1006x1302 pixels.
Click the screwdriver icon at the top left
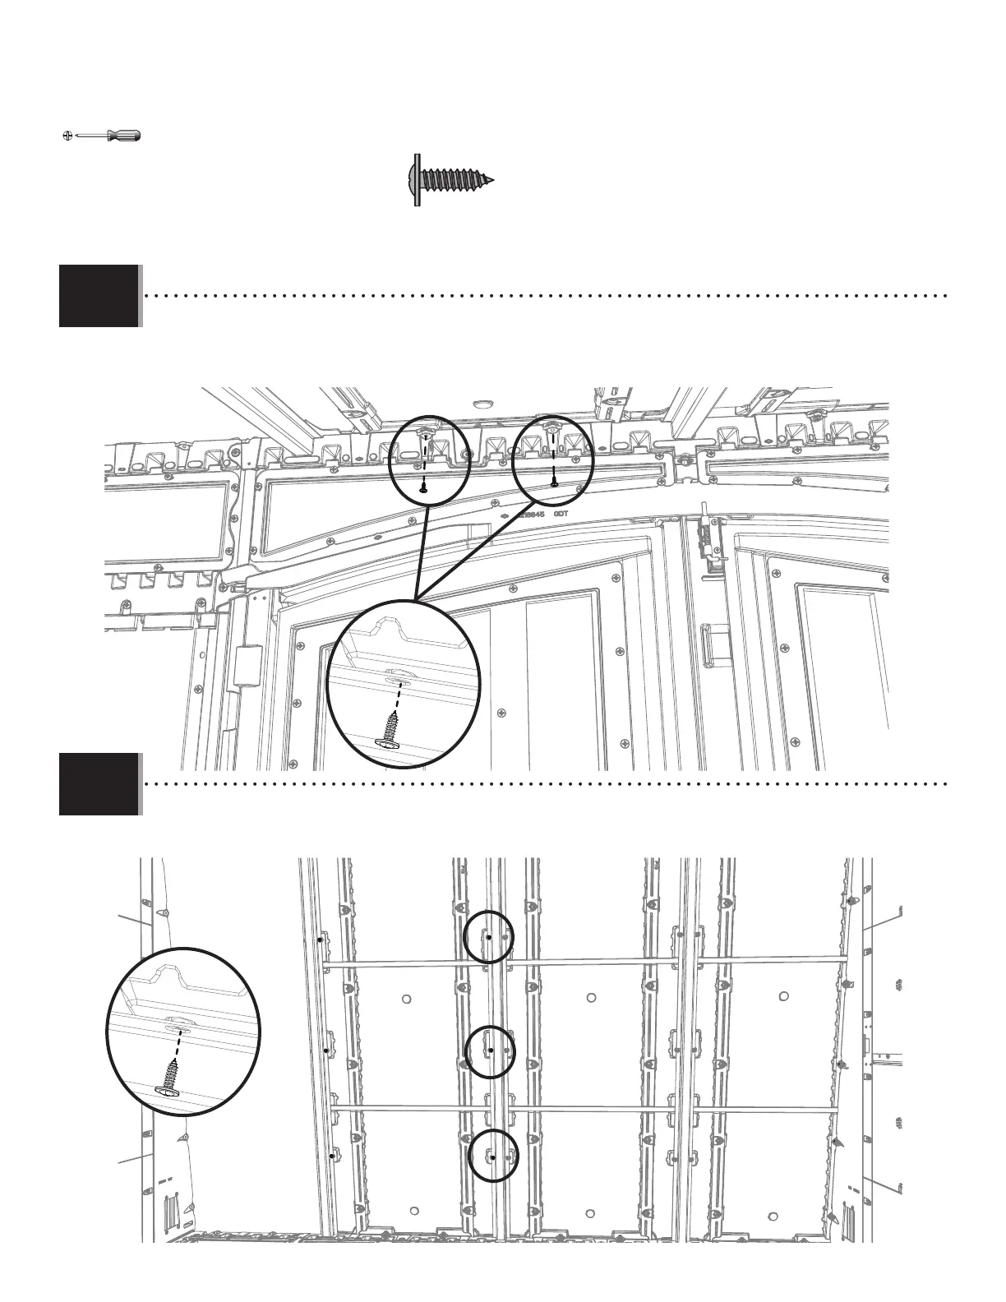[x=101, y=136]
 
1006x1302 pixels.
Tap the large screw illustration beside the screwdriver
[x=451, y=178]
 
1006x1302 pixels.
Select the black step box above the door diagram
[x=99, y=296]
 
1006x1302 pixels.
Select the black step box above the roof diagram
[x=99, y=784]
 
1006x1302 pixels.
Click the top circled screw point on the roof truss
[x=489, y=936]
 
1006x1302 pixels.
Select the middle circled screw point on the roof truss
[x=491, y=1050]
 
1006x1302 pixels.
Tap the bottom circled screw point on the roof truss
[x=492, y=1156]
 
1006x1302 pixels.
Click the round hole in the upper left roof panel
[x=407, y=999]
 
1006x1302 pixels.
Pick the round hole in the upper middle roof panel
[x=591, y=998]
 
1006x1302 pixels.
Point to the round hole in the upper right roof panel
[x=783, y=997]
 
